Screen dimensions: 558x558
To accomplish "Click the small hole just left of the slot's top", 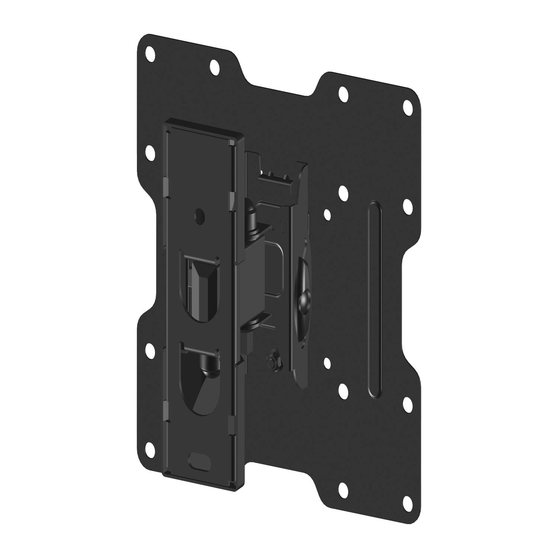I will click(x=327, y=214).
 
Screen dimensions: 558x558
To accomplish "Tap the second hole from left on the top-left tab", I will click(x=215, y=67).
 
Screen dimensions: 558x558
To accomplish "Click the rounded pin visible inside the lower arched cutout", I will click(x=206, y=363).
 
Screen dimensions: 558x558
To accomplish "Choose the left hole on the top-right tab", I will click(x=343, y=92).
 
